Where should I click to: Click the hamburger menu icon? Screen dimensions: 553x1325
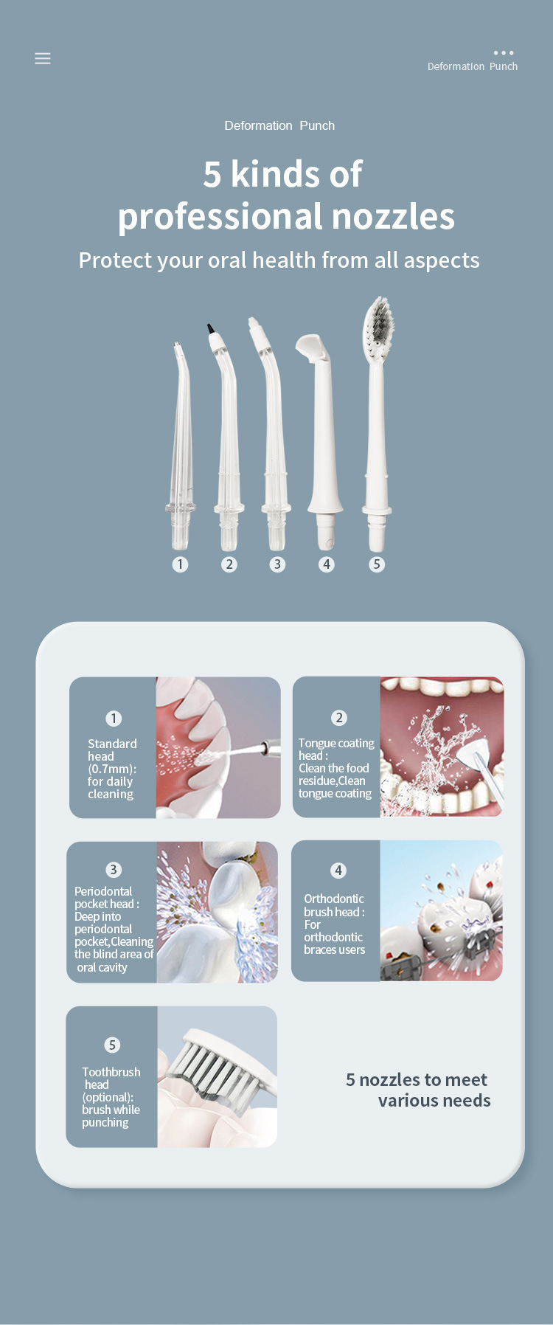[x=43, y=58]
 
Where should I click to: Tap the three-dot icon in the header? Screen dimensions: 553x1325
[x=504, y=53]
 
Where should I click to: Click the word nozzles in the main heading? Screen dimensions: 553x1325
[x=393, y=216]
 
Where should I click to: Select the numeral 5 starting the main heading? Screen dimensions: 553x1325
[x=212, y=175]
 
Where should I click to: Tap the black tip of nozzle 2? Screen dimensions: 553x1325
[x=211, y=329]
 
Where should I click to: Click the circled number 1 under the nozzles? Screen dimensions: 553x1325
[x=180, y=564]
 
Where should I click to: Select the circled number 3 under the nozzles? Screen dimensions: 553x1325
[x=277, y=564]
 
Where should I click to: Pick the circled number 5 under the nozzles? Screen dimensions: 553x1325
[x=377, y=564]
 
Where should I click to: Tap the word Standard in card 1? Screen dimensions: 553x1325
[x=112, y=744]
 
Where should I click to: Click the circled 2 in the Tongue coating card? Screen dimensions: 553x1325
[x=339, y=718]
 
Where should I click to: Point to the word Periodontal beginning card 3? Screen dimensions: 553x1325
[x=103, y=891]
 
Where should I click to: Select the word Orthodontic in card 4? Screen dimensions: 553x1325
[x=334, y=899]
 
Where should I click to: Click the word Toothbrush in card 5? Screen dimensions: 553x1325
[x=111, y=1072]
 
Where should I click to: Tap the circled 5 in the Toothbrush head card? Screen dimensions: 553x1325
[x=112, y=1045]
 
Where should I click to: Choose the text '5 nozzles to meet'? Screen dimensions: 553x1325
[x=417, y=1079]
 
